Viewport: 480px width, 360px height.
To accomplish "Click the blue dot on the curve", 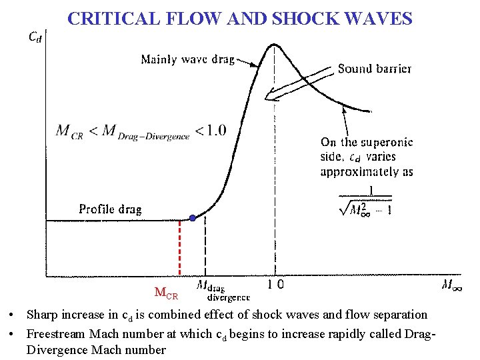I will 193,218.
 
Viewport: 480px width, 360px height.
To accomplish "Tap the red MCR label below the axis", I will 167,293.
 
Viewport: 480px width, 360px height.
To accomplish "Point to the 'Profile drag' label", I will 110,209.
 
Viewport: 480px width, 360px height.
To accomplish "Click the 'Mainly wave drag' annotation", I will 187,60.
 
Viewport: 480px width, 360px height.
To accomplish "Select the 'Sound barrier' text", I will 375,68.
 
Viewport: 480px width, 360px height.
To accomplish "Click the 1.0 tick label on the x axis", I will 275,284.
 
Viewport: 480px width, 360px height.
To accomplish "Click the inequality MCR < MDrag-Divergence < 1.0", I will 141,131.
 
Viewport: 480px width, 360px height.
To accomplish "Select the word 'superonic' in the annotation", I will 387,142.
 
